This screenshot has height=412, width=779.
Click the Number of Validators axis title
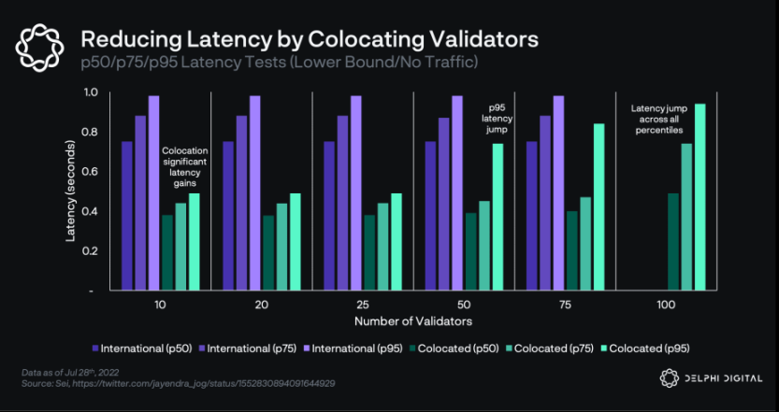coord(412,320)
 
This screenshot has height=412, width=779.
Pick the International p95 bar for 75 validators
coord(558,192)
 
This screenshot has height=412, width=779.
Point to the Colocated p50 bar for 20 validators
coord(268,252)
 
